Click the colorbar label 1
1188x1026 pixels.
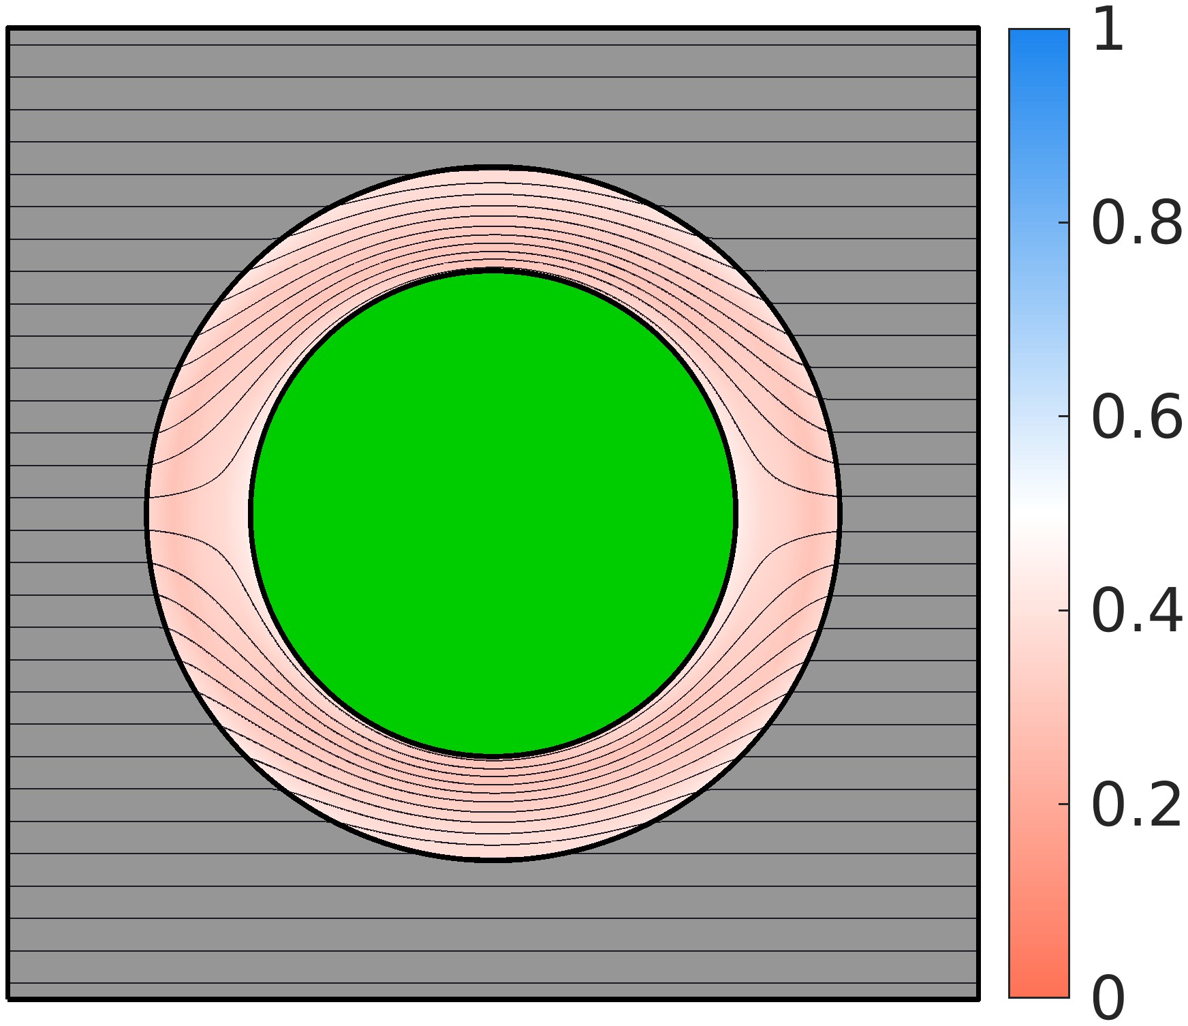pos(1108,30)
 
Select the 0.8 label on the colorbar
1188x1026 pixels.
pos(1137,223)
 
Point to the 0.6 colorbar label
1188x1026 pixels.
pos(1137,417)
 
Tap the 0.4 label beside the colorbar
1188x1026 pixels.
pos(1137,611)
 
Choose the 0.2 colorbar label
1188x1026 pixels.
pos(1137,805)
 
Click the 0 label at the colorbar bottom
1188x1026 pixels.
pos(1108,999)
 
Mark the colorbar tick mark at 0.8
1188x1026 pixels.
pos(1064,223)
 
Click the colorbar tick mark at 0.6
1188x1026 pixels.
pos(1064,417)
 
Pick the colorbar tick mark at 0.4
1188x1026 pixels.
pos(1064,611)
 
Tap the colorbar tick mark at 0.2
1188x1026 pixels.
pos(1064,805)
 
